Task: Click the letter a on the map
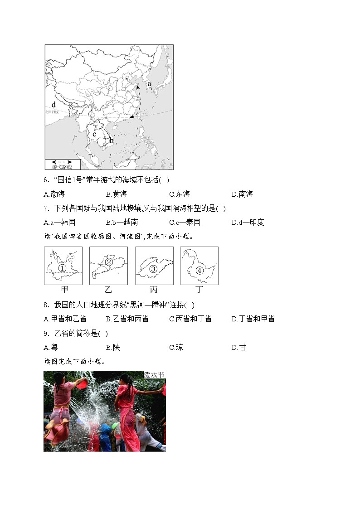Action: pyautogui.click(x=149, y=84)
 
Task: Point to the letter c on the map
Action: pyautogui.click(x=95, y=134)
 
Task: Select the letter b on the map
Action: pyautogui.click(x=111, y=140)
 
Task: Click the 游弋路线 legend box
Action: pyautogui.click(x=62, y=164)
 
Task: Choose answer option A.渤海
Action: pyautogui.click(x=54, y=194)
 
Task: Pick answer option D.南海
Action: pyautogui.click(x=242, y=194)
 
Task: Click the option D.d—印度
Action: pyautogui.click(x=248, y=222)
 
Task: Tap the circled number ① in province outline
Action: pyautogui.click(x=63, y=268)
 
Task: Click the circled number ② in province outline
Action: pyautogui.click(x=109, y=262)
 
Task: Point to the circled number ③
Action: pyautogui.click(x=153, y=269)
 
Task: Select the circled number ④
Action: pyautogui.click(x=199, y=270)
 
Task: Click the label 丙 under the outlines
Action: pyautogui.click(x=154, y=290)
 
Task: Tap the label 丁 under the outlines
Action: pyautogui.click(x=199, y=290)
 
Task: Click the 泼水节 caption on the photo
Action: pyautogui.click(x=154, y=375)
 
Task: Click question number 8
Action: pyautogui.click(x=46, y=305)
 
